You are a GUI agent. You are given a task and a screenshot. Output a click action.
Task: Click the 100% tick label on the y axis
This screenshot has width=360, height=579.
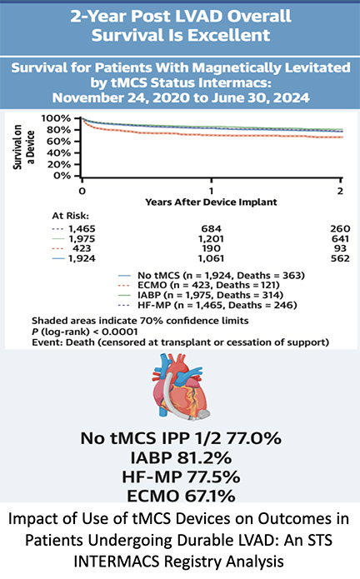click(56, 118)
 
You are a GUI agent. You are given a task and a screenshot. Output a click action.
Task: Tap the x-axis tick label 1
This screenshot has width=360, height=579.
click(211, 191)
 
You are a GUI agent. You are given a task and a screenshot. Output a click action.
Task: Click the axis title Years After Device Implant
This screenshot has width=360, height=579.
click(211, 202)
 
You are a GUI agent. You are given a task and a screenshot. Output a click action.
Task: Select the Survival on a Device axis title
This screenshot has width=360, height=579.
click(24, 147)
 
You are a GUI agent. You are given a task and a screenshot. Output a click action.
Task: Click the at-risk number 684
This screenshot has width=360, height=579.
click(211, 229)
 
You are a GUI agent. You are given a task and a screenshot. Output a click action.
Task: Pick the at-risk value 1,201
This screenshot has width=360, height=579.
click(211, 239)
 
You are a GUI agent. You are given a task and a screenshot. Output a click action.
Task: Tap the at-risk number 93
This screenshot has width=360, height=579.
click(340, 248)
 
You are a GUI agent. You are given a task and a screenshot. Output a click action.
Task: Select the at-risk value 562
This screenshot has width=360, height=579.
click(340, 258)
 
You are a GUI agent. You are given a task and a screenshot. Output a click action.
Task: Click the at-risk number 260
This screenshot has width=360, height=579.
click(340, 229)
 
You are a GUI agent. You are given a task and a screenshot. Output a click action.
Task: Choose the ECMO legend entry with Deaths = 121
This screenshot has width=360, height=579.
click(198, 285)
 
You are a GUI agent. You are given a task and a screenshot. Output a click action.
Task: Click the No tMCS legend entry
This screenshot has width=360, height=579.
click(211, 276)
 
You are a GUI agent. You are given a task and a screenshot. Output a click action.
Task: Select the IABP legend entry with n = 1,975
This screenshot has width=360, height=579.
click(201, 295)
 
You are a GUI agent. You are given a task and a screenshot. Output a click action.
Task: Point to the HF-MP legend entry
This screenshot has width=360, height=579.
click(207, 305)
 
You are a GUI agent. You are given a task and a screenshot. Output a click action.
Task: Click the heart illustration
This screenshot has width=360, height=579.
click(181, 387)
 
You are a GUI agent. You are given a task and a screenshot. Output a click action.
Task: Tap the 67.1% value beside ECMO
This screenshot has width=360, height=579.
click(210, 496)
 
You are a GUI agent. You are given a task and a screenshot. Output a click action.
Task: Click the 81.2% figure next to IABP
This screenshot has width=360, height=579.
click(204, 458)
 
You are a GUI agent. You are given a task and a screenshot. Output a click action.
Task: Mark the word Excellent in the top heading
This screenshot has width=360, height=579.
click(228, 36)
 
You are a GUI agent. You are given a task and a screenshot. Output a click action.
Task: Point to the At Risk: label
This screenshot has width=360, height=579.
click(71, 216)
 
